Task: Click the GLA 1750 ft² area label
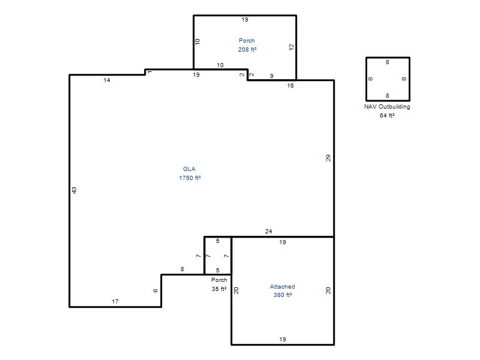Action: (190, 173)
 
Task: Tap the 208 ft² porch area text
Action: (247, 49)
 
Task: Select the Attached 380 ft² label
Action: (282, 290)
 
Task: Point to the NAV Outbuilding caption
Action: (387, 107)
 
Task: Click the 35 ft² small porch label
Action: (219, 289)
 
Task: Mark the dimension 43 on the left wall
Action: (74, 190)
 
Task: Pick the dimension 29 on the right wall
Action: (328, 158)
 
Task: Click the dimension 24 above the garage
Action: (268, 232)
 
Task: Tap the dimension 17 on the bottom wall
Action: (115, 302)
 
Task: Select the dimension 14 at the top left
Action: (107, 80)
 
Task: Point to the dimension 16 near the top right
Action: (290, 86)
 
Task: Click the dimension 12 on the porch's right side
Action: (291, 47)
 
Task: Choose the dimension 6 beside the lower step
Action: (155, 290)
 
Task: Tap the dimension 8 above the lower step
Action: (182, 269)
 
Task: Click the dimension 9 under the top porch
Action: (272, 76)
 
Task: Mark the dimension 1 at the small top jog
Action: (149, 72)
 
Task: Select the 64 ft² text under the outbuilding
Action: (387, 115)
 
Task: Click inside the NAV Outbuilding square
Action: (388, 79)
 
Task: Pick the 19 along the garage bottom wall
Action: (283, 339)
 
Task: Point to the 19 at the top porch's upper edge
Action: (245, 20)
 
